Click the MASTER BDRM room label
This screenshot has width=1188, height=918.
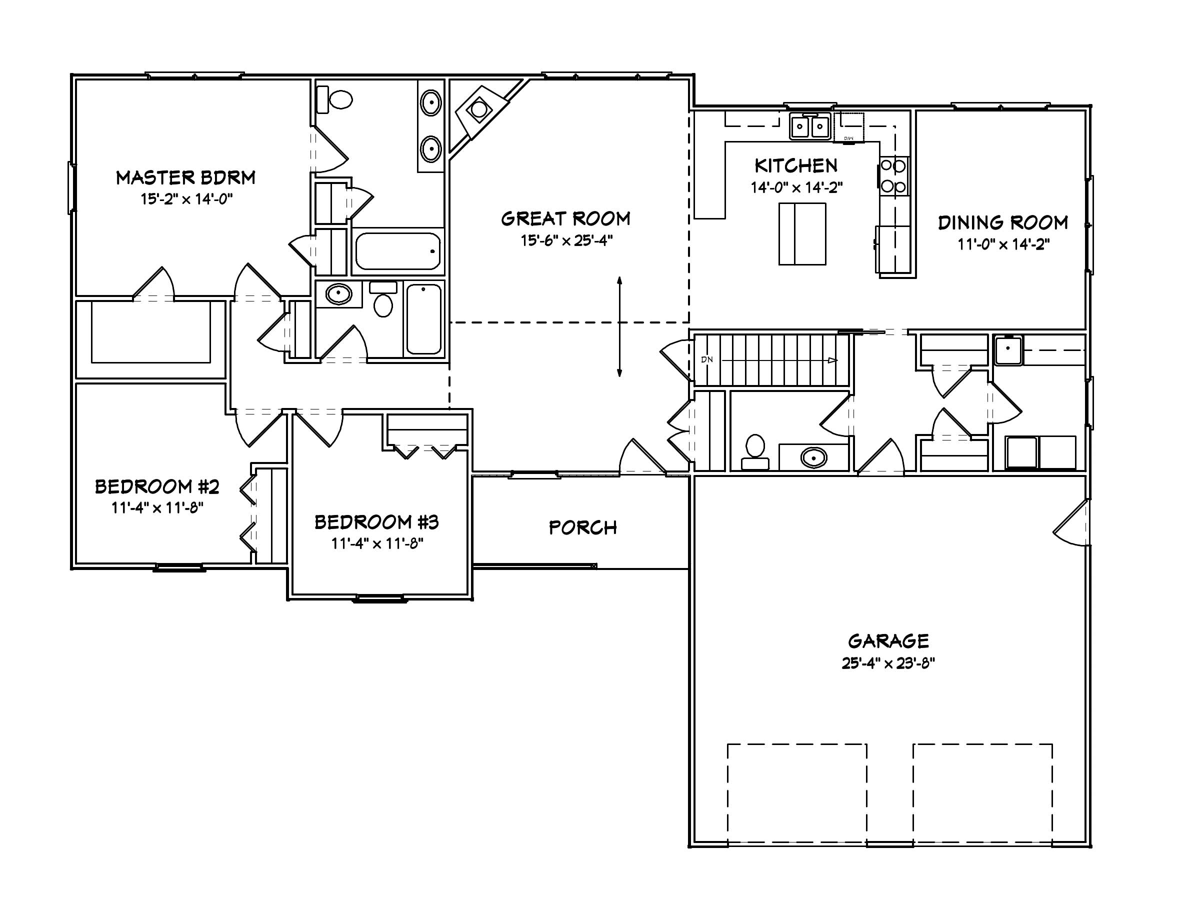tap(185, 177)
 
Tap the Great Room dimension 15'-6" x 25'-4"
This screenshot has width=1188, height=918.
tap(566, 240)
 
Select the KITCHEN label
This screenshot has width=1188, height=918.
tap(796, 165)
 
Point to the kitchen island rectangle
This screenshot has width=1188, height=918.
tap(802, 234)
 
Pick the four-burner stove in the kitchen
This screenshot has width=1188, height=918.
tap(893, 176)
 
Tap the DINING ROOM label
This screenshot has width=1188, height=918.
tap(1002, 222)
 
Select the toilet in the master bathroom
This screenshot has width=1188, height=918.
tap(336, 100)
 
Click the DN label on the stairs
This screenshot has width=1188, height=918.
tap(706, 360)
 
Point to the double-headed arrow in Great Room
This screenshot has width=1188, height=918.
tap(619, 326)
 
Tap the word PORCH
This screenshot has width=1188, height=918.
tap(582, 527)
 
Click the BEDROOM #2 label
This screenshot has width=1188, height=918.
tap(156, 486)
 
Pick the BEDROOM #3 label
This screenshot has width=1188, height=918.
tap(376, 522)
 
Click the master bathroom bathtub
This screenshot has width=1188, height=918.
tap(397, 251)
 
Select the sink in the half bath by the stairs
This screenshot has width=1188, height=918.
tap(813, 457)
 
